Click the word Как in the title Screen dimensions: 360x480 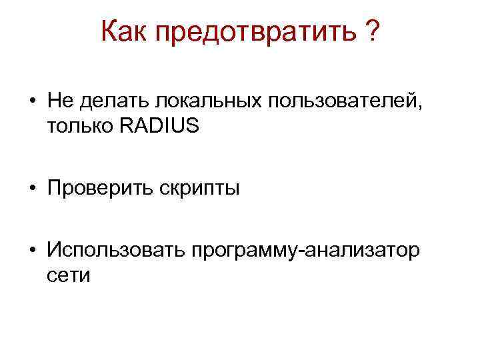point(122,32)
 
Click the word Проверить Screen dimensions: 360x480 point(100,189)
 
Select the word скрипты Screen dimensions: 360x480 point(199,190)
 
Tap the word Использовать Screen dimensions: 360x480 point(116,251)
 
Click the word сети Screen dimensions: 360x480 point(69,275)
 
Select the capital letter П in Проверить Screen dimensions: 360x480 point(54,189)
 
